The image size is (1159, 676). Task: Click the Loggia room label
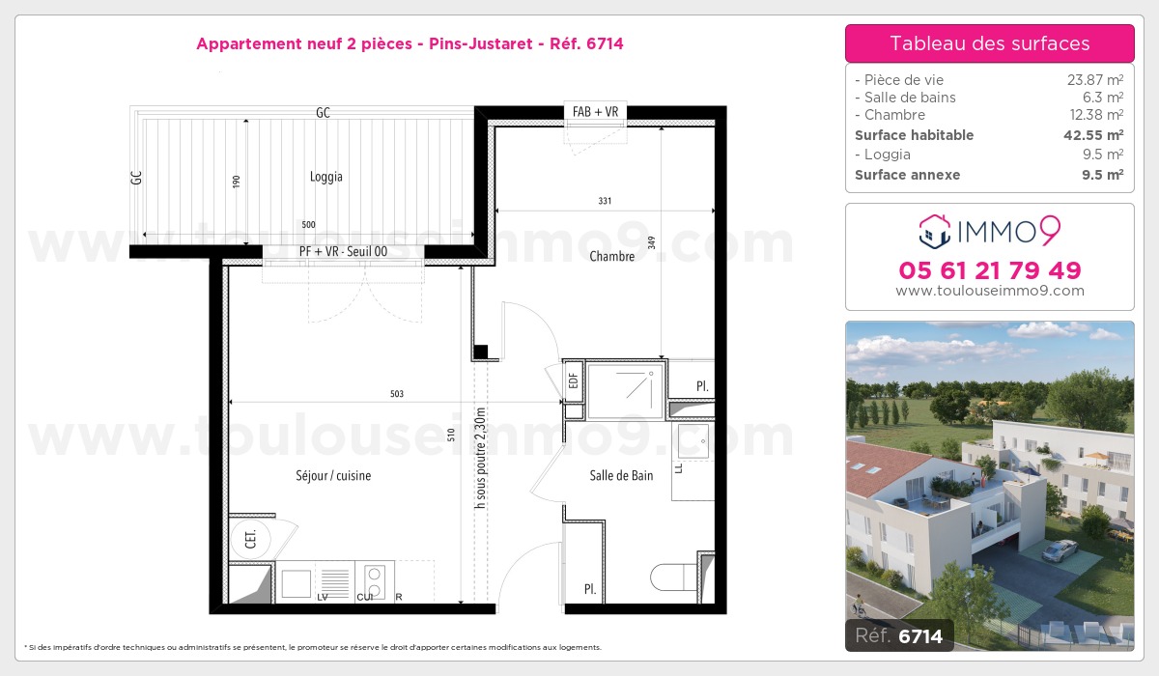point(326,177)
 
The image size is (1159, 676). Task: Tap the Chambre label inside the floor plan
point(611,256)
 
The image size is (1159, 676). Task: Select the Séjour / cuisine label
point(333,475)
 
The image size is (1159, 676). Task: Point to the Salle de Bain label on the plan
point(621,475)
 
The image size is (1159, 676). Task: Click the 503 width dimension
point(397,394)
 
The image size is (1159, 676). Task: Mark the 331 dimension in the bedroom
point(605,201)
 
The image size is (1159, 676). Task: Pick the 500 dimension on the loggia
point(308,224)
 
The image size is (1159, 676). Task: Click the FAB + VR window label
point(595,112)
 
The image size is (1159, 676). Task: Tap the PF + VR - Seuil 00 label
point(343,251)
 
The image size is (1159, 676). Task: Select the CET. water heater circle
point(250,539)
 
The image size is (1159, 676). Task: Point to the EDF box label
point(573,381)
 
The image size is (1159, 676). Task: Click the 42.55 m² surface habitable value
point(1093,135)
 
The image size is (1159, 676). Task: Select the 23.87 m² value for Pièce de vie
point(1095,79)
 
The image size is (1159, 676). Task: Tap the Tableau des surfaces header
point(989,43)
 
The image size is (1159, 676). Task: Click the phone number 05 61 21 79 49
point(990,270)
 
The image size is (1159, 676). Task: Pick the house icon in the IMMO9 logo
point(935,231)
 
